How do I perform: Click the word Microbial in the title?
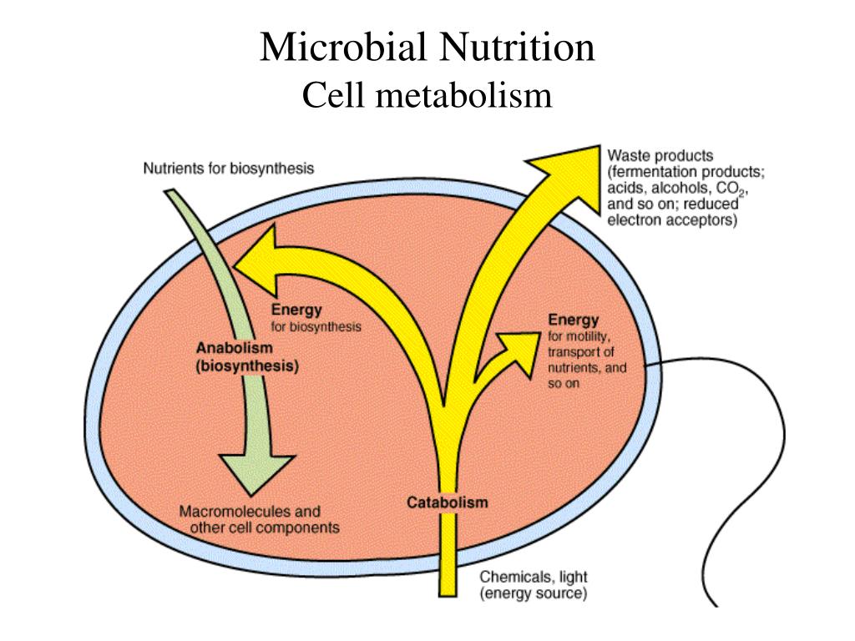(x=343, y=47)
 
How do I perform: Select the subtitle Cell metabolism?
(x=427, y=95)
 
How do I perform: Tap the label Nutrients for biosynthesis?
(x=229, y=169)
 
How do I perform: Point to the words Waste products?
(x=660, y=156)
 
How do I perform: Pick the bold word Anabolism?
(x=234, y=348)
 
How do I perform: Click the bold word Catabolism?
(x=448, y=502)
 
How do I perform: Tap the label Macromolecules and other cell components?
(x=259, y=519)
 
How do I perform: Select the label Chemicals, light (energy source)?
(x=534, y=585)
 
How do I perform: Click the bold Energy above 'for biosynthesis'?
(x=296, y=310)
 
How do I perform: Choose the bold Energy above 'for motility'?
(x=573, y=320)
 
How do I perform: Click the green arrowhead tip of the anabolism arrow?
(x=251, y=495)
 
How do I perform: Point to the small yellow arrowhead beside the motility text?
(x=518, y=351)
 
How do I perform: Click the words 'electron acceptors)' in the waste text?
(x=672, y=220)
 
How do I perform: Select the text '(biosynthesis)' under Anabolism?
(x=247, y=366)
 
